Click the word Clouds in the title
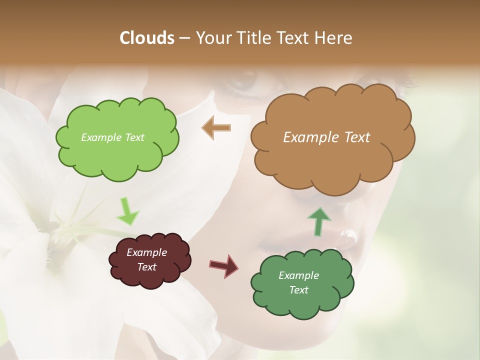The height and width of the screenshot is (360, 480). coord(147,38)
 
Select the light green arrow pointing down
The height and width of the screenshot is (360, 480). coord(127,211)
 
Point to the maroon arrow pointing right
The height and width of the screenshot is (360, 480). coord(224,265)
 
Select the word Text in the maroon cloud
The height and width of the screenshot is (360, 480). coord(147,267)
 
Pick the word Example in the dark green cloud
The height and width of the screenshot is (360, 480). coord(298,275)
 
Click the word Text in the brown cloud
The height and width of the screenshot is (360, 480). coord(357,137)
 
